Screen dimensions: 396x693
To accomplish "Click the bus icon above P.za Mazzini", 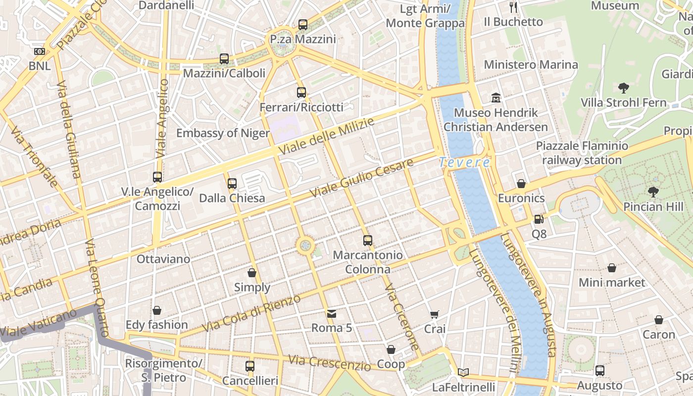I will pos(302,24).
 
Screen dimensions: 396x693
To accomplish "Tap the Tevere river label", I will pos(464,162).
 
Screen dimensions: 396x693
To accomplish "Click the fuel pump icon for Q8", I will pos(539,219).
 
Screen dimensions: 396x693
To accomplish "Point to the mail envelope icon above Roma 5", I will pos(331,313).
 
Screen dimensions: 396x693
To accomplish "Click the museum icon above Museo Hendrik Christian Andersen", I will pos(495,98).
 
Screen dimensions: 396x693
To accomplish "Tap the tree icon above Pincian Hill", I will pos(653,192).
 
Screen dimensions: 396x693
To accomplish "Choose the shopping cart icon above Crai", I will pos(434,314).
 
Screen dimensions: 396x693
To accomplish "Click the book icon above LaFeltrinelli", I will pos(463,372).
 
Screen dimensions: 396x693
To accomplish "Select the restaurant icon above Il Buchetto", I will pos(513,7).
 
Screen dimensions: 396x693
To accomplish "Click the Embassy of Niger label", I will pos(223,133).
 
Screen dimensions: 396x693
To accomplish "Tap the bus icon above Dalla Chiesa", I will pos(232,184).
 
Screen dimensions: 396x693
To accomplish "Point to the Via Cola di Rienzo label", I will pos(251,314).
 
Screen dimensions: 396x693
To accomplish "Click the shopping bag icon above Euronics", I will pos(521,184).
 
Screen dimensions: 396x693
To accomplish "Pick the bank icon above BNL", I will pos(39,51).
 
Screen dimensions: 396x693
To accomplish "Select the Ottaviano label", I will pos(163,259).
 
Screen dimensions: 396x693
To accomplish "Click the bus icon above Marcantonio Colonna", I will pos(367,241).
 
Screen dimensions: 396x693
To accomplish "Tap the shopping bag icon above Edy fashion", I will pos(156,310).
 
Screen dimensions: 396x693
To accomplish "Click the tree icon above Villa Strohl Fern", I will pos(623,88).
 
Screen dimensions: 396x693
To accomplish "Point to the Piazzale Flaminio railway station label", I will pos(582,153).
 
